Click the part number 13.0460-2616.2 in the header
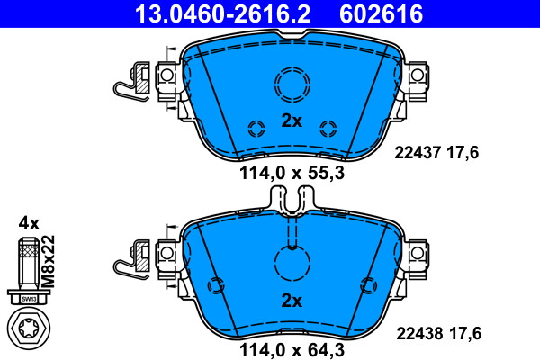222,13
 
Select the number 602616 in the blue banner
382,13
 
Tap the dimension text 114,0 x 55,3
292,173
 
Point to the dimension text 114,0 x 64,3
292,350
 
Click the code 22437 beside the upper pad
418,153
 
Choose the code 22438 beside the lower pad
419,334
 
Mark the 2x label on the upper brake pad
292,121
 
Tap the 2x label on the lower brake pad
292,301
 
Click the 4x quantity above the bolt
29,223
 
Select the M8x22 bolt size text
49,261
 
